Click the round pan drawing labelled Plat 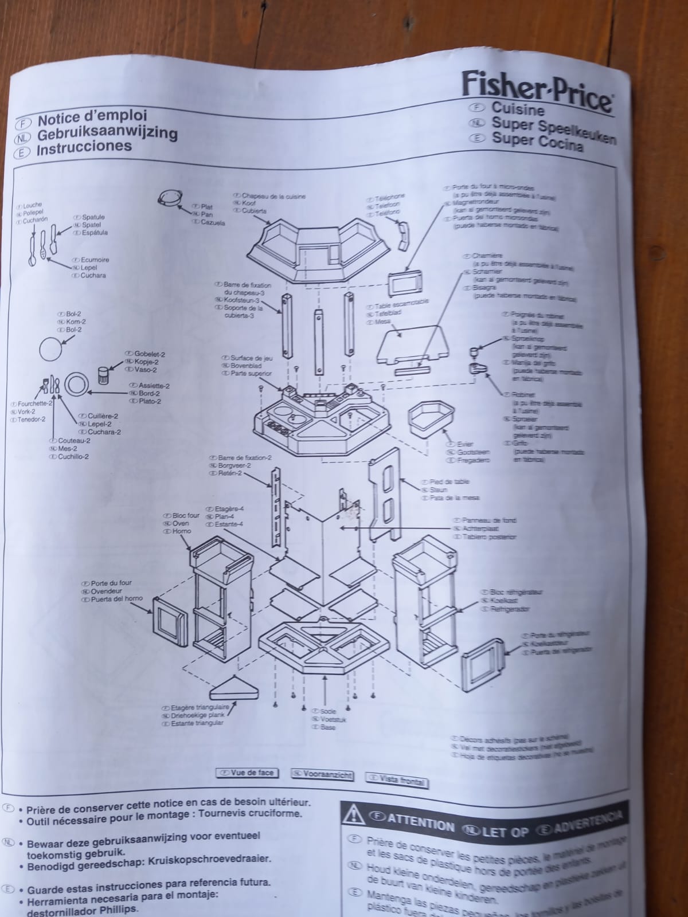click(x=171, y=199)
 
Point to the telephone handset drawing click(x=405, y=235)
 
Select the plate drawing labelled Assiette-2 click(x=76, y=385)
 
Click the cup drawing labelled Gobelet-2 click(x=104, y=376)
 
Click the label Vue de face click(x=247, y=773)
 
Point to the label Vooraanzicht click(x=322, y=775)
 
